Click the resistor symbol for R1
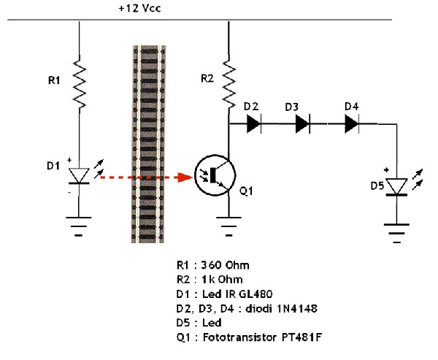click(79, 84)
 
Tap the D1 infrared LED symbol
click(79, 176)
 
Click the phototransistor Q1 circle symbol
click(213, 177)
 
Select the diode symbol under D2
click(254, 124)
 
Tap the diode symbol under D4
click(352, 124)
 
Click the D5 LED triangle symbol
click(396, 186)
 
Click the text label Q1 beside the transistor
click(247, 191)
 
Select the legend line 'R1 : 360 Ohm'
click(207, 267)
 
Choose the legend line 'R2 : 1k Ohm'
click(204, 280)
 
